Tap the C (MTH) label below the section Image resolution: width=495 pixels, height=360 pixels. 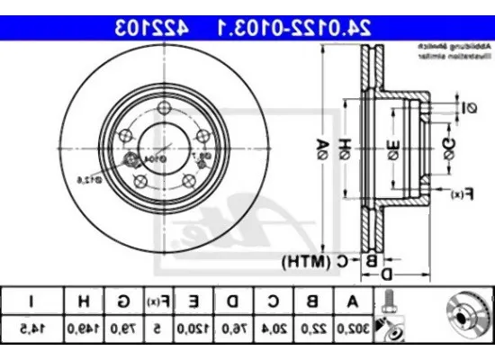tap(320, 262)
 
